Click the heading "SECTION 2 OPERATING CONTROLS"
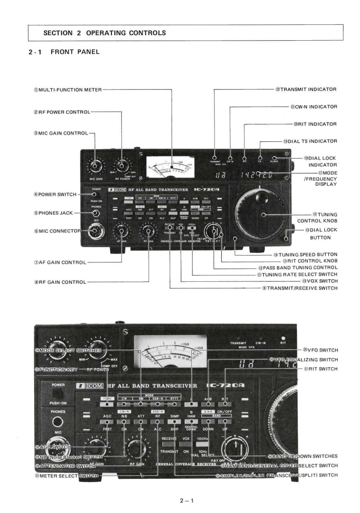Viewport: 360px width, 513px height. pyautogui.click(x=104, y=33)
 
